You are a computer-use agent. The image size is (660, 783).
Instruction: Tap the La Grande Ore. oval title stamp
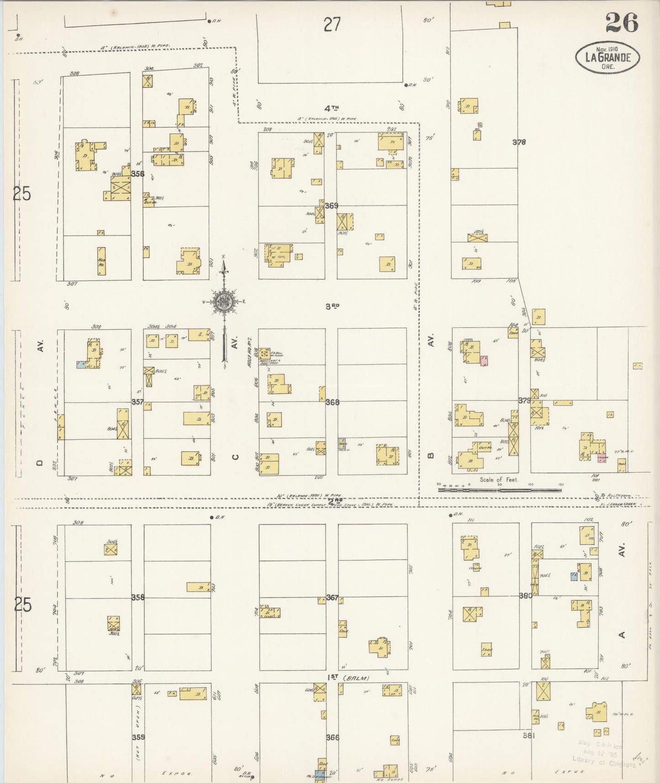[607, 57]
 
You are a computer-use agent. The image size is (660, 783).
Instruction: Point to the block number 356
[137, 174]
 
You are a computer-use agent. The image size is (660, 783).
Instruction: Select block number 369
[332, 206]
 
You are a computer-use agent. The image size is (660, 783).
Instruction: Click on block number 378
[519, 142]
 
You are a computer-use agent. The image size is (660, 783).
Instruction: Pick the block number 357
[137, 402]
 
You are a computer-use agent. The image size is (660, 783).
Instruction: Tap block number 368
[333, 402]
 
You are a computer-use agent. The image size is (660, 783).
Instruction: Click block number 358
[137, 597]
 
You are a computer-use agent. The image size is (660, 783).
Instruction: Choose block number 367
[333, 597]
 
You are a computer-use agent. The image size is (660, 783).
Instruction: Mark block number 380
[526, 596]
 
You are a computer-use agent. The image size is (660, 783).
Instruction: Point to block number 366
[333, 737]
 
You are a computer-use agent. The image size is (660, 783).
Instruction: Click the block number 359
[138, 737]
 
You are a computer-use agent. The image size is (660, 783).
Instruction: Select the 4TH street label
[332, 108]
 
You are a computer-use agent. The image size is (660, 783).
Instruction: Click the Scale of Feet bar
[500, 489]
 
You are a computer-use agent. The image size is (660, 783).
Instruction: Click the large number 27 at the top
[332, 24]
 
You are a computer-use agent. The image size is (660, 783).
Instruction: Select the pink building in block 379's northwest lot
[484, 361]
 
